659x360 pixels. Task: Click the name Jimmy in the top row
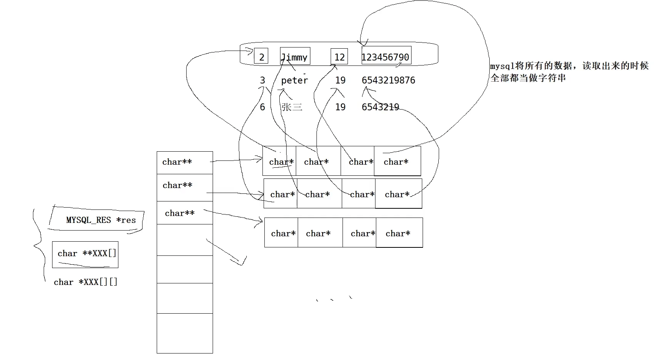coord(295,57)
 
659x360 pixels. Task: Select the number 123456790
coord(385,57)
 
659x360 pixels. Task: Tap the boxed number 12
coord(339,57)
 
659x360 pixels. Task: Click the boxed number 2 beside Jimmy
coord(261,57)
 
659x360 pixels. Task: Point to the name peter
coord(294,80)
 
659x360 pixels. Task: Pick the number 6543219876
coord(388,80)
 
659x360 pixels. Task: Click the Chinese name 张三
coord(292,107)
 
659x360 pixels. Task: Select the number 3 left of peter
coord(262,80)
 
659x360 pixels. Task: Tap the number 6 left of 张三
coord(262,107)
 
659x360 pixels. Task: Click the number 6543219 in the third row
coord(380,107)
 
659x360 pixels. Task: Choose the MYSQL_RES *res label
coord(101,220)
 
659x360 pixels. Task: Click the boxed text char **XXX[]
coord(87,254)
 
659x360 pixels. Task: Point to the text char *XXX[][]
coord(85,282)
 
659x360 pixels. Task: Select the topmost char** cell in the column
coord(184,162)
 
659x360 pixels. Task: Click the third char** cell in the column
coord(184,213)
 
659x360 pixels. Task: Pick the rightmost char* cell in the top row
coord(397,162)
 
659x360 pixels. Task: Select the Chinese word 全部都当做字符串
coord(528,78)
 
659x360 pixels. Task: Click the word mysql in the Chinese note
coord(502,66)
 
